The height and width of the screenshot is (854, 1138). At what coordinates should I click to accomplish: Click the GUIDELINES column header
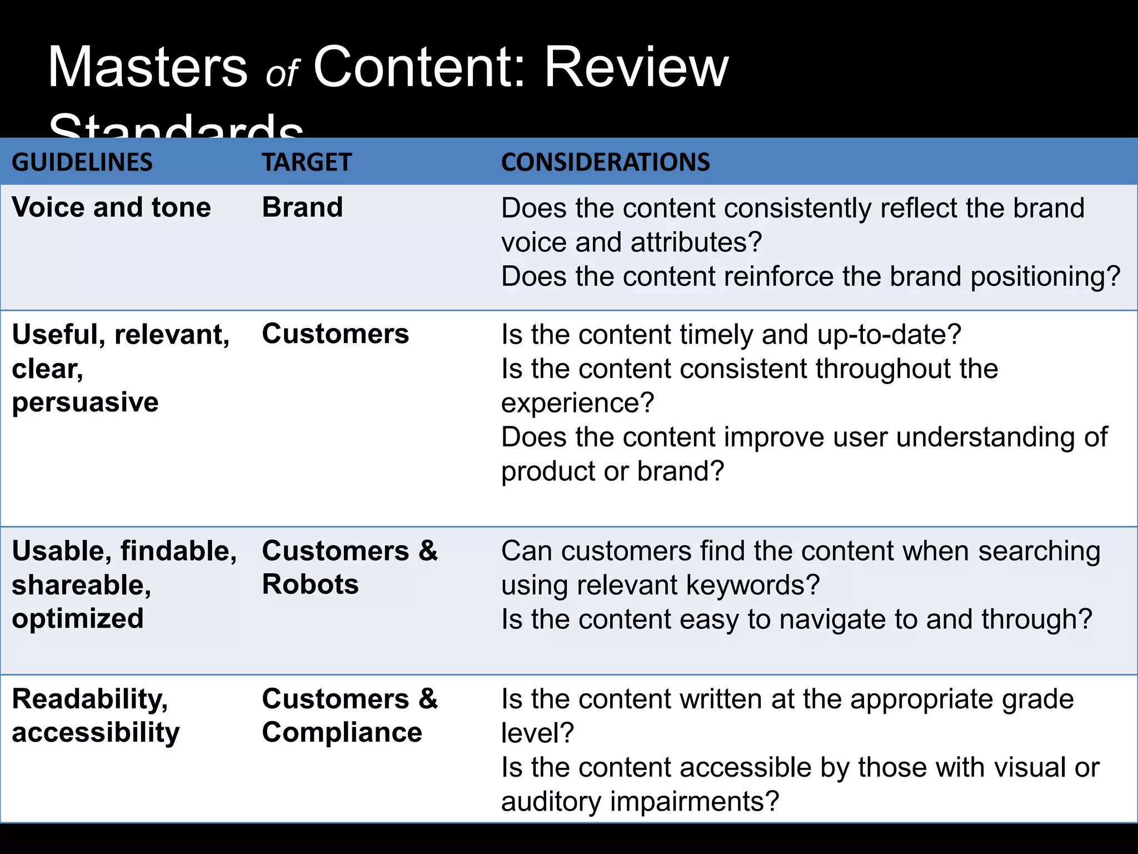click(82, 162)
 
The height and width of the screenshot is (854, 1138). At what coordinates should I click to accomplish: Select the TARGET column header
click(307, 162)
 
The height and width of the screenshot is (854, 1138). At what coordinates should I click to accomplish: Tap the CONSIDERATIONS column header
click(605, 162)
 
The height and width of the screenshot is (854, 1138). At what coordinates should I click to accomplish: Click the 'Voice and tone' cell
click(111, 207)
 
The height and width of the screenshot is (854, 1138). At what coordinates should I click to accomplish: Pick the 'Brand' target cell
click(302, 207)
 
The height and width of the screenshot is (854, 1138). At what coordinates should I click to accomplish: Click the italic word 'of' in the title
click(282, 74)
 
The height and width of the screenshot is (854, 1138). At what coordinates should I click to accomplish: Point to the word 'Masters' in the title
click(148, 67)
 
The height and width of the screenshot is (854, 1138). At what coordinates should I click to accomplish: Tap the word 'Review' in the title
click(636, 67)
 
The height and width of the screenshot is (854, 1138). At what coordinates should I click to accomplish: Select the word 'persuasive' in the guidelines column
click(85, 402)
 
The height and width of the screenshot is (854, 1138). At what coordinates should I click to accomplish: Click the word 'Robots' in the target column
click(310, 584)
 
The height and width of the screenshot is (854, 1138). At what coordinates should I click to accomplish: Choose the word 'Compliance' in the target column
click(342, 732)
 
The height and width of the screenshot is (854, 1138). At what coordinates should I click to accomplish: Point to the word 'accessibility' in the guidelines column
click(96, 732)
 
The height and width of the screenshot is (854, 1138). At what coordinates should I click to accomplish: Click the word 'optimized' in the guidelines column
click(78, 619)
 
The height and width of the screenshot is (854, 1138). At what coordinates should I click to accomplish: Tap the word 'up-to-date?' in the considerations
click(889, 335)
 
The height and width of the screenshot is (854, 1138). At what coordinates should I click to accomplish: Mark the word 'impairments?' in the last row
click(695, 801)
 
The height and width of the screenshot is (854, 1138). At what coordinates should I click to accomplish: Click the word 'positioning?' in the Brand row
click(1045, 276)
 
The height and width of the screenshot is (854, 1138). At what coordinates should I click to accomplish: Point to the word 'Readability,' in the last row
click(89, 699)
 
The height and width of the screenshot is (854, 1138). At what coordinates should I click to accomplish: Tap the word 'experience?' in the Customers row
click(577, 403)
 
